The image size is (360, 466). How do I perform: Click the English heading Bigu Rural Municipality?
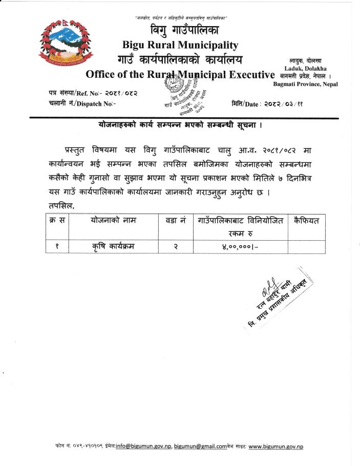tap(180, 45)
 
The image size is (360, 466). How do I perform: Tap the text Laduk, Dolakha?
tap(306, 69)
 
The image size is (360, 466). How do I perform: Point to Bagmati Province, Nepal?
tap(305, 83)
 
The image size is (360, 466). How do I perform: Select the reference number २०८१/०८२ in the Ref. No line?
tap(120, 93)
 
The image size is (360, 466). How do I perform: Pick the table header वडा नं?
tap(175, 220)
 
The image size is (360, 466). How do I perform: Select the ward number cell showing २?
tap(175, 247)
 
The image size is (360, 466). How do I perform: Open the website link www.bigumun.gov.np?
tap(276, 446)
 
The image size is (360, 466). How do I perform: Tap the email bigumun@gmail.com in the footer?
tap(200, 446)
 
